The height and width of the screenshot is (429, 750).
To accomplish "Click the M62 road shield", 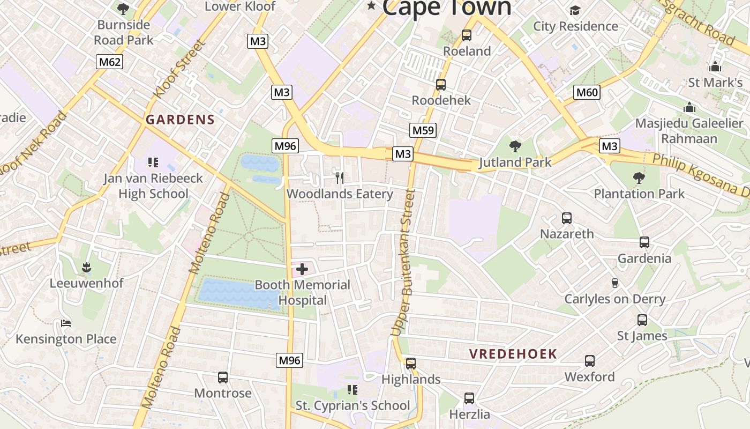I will (110, 62).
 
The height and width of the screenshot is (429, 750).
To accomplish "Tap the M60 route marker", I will (587, 92).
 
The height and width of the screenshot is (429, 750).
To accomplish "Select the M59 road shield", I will (423, 130).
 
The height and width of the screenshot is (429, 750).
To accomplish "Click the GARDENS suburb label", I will (180, 120).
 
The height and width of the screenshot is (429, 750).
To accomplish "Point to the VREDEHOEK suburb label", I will (513, 354).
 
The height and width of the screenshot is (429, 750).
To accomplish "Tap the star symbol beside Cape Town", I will (371, 6).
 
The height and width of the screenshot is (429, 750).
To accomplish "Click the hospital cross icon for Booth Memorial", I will (302, 269).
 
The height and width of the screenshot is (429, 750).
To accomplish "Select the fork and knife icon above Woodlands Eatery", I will (339, 177).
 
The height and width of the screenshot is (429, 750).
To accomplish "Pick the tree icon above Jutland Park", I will (515, 146).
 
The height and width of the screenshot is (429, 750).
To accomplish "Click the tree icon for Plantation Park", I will (639, 177).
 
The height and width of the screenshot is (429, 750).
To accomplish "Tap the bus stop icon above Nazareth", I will (567, 218).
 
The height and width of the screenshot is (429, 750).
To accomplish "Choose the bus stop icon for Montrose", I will (223, 377).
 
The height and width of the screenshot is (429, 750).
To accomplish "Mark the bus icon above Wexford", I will (590, 361).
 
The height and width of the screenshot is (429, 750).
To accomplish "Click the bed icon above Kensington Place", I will (66, 323).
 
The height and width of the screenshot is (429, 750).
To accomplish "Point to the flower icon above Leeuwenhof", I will (86, 267).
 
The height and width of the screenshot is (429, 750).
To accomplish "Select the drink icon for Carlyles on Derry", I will (615, 283).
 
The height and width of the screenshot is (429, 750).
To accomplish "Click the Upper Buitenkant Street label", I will (403, 263).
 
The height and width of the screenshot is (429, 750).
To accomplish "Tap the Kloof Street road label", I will (179, 70).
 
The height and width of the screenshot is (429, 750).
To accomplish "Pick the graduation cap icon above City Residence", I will (575, 10).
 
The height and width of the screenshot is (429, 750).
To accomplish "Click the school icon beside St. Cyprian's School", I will (352, 389).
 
